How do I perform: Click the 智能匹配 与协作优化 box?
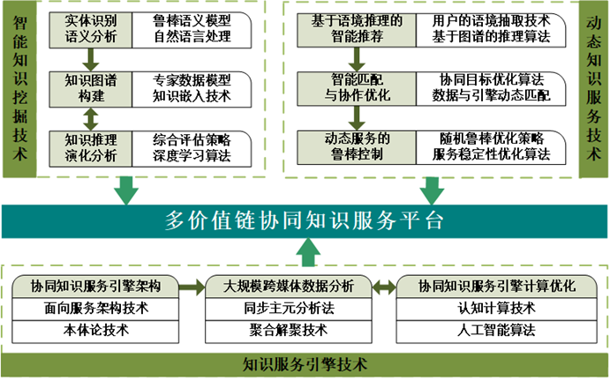[354, 87]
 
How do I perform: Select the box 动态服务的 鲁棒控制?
[353, 146]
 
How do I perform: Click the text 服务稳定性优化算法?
[495, 156]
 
